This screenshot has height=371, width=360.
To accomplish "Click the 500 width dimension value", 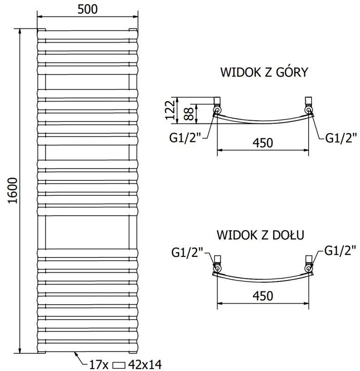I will pos(88,10).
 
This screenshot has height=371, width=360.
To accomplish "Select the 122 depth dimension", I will pos(170,110).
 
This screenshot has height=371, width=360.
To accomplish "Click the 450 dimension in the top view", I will pos(263,143).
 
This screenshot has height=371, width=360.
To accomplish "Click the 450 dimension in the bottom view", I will pos(263,295).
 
